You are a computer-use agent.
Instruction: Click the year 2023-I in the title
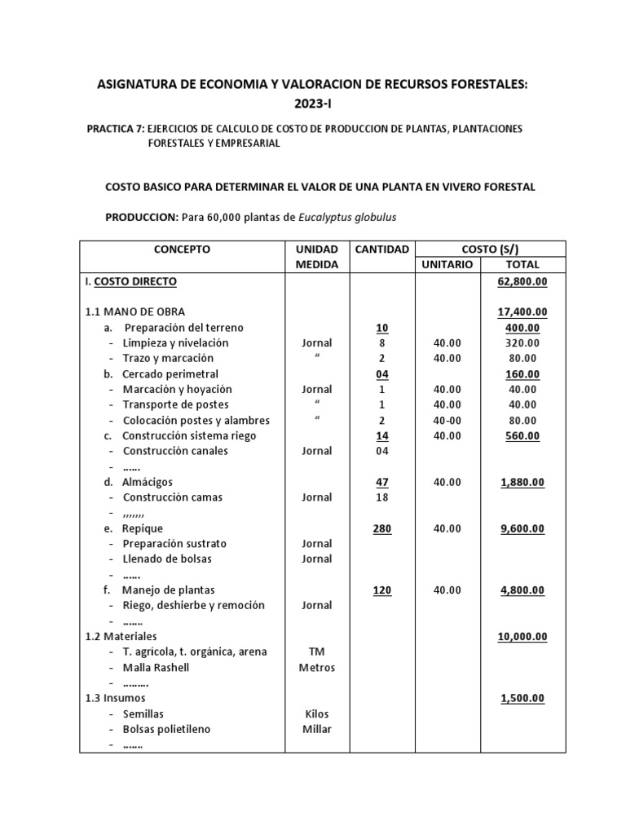[x=313, y=104]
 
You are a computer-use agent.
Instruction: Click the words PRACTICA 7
[x=115, y=129]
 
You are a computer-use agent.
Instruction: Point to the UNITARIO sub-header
[x=446, y=265]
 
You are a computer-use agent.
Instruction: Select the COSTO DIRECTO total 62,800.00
[x=522, y=281]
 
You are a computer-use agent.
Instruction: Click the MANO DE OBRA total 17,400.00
[x=522, y=311]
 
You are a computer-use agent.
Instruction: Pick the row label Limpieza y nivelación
[x=175, y=343]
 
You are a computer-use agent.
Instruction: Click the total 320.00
[x=522, y=343]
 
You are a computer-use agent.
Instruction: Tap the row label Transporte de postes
[x=175, y=404]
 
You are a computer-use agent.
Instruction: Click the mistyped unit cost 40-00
[x=447, y=420]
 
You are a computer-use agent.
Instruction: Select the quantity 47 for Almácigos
[x=381, y=482]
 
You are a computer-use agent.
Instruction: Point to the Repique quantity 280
[x=381, y=528]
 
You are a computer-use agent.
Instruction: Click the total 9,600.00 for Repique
[x=522, y=528]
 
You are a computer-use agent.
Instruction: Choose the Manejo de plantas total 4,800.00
[x=522, y=590]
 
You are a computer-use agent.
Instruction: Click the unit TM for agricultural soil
[x=316, y=652]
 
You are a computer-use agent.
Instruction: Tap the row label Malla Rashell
[x=156, y=668]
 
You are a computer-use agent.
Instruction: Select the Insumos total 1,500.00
[x=522, y=699]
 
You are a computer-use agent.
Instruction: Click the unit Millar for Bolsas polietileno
[x=316, y=729]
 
